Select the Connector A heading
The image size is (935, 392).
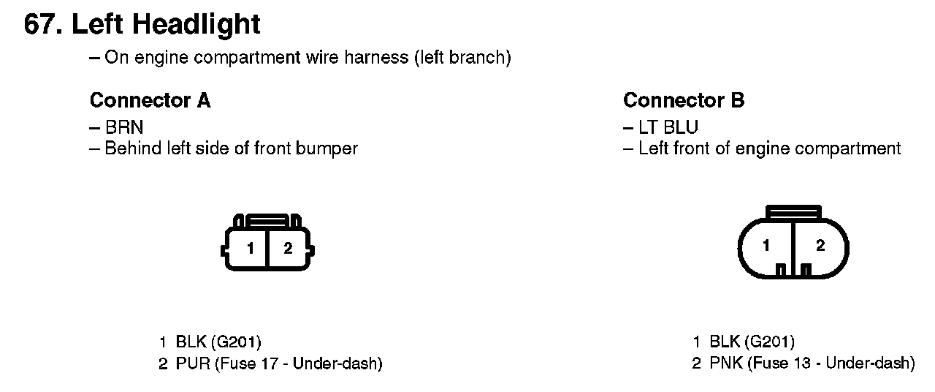(150, 100)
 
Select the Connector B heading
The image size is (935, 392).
(684, 100)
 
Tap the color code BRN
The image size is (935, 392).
(124, 127)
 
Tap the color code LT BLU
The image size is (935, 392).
(668, 127)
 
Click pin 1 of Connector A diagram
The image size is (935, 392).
(250, 249)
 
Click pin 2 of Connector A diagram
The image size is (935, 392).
(288, 249)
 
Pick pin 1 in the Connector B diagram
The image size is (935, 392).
(766, 246)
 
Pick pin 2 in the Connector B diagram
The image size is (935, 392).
(820, 246)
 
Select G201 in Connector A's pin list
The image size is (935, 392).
(236, 342)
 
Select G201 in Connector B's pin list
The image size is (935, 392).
(769, 342)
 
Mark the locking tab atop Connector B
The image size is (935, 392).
(793, 212)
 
